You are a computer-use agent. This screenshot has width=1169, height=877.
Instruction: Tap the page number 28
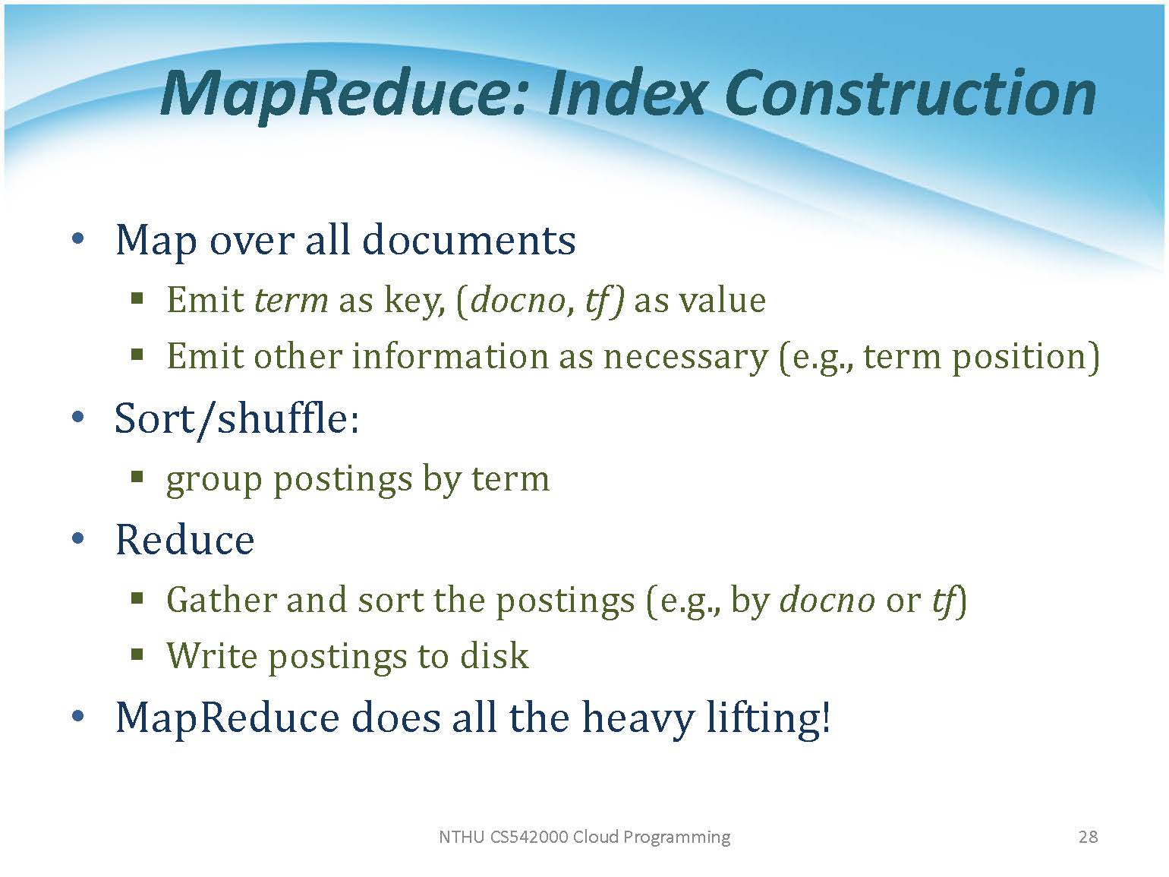click(x=1088, y=837)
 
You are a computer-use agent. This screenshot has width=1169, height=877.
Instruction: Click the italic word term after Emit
click(x=291, y=301)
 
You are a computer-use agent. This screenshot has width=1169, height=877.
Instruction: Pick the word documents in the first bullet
click(x=468, y=240)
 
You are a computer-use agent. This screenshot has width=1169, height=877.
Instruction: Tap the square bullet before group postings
click(x=137, y=475)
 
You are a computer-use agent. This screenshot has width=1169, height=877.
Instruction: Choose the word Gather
click(x=222, y=600)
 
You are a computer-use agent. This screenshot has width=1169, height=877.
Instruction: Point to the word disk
click(x=494, y=655)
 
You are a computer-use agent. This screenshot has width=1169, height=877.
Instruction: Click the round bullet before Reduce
click(x=77, y=538)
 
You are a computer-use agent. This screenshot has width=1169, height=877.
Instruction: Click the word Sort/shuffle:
click(x=237, y=418)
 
